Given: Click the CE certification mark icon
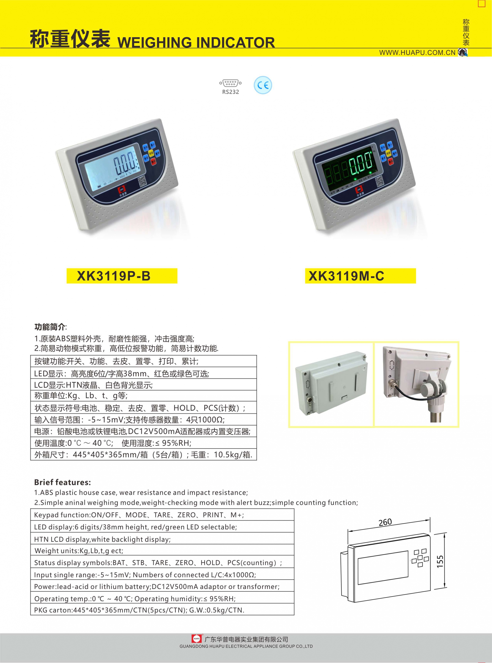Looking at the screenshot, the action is pyautogui.click(x=263, y=85).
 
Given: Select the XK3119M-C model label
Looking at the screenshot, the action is pyautogui.click(x=346, y=276).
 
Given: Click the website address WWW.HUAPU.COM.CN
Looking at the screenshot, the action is pyautogui.click(x=417, y=53).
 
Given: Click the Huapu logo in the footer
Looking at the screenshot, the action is pyautogui.click(x=196, y=639).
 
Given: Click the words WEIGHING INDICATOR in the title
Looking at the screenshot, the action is pyautogui.click(x=196, y=42).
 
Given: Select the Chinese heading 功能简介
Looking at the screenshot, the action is pyautogui.click(x=50, y=327).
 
